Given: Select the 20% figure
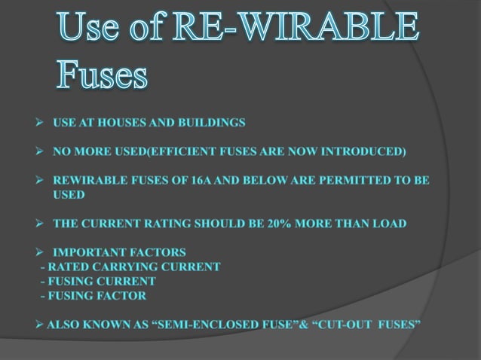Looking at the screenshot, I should [302, 224].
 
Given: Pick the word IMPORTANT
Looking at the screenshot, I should [85, 252].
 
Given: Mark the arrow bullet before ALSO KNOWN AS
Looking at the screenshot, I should [40, 325].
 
